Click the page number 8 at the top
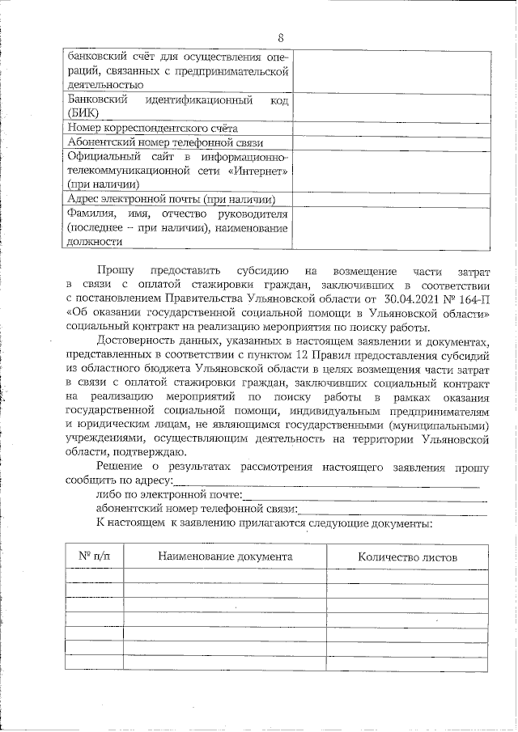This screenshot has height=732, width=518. [280, 39]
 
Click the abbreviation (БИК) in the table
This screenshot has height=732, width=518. [84, 113]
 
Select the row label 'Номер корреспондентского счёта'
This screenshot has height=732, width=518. [153, 128]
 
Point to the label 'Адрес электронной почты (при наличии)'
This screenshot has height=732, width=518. [172, 199]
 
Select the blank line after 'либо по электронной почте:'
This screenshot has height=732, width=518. [364, 497]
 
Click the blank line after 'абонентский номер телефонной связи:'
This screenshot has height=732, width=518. [393, 510]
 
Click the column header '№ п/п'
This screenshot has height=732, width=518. [94, 556]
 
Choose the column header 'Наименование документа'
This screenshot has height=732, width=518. [225, 557]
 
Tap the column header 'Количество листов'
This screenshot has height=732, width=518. [407, 557]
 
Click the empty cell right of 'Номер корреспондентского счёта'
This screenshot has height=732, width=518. [391, 128]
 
